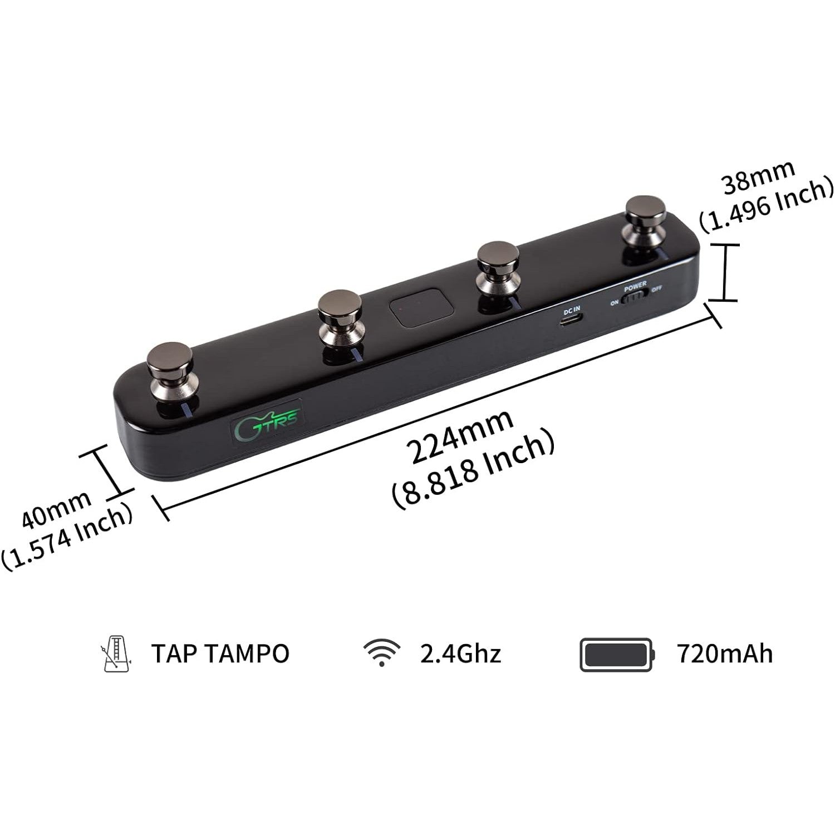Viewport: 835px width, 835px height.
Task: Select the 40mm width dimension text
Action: pos(56,510)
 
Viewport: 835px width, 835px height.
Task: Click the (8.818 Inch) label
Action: pos(473,471)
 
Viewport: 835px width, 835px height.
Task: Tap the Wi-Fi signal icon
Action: pos(381,652)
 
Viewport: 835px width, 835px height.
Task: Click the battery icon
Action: pos(617,654)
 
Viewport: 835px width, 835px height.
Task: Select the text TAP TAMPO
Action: pos(220,654)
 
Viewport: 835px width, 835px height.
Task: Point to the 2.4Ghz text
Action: pos(460,654)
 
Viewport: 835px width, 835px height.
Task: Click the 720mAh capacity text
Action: pos(725,654)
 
